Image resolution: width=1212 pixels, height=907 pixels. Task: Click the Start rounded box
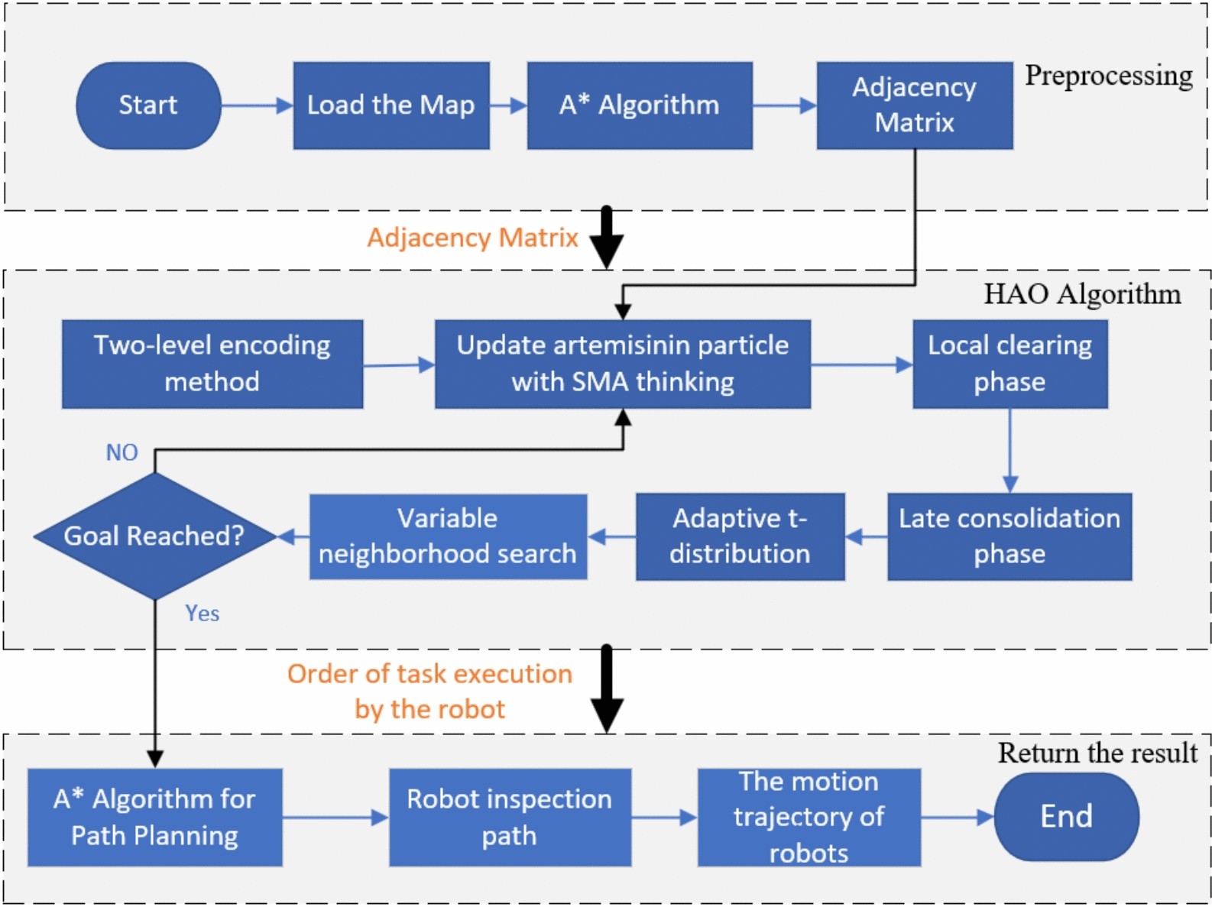148,105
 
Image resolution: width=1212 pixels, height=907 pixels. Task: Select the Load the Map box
390,105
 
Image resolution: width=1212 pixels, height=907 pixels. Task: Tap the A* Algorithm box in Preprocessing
639,105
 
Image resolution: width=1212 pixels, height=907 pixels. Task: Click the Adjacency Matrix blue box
914,105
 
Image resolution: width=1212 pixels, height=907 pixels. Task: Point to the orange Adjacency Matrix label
472,238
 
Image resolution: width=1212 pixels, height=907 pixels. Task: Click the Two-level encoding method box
212,364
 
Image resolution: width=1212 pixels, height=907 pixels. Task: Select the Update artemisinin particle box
622,364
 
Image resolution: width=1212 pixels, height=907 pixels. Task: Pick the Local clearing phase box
1009,364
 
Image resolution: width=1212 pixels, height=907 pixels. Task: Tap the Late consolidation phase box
1009,536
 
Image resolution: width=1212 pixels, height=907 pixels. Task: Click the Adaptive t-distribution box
740,536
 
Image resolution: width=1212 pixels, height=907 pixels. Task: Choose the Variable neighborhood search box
448,536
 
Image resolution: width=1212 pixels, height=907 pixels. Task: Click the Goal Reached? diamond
154,536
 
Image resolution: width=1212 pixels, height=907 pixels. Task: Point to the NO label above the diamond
122,452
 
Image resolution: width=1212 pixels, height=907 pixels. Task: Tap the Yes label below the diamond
202,614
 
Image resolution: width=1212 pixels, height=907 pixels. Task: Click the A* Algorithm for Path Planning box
154,817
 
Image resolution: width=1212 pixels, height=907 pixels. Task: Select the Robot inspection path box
510,817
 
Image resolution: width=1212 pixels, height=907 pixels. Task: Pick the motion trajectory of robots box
809,817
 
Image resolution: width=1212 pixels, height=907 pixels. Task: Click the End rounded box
1066,817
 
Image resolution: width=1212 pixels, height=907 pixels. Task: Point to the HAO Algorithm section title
1081,294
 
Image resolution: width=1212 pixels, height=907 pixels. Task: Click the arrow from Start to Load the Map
257,105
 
